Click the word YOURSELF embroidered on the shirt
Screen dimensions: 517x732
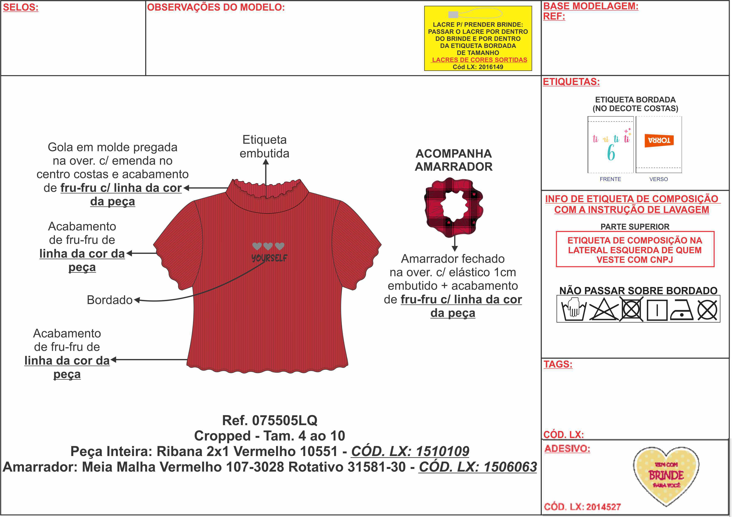tap(269, 258)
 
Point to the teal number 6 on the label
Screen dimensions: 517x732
tap(611, 153)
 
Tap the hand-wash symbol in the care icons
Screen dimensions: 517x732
tap(574, 309)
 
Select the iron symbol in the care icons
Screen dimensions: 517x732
tap(681, 309)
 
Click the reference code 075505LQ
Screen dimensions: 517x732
tap(285, 421)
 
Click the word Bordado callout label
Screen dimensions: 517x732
tap(109, 300)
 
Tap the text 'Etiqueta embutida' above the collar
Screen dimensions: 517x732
tap(265, 146)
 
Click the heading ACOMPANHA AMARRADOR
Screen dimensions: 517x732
tap(453, 160)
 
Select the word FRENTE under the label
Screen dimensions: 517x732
tap(610, 179)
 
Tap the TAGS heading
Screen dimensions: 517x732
tap(558, 364)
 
